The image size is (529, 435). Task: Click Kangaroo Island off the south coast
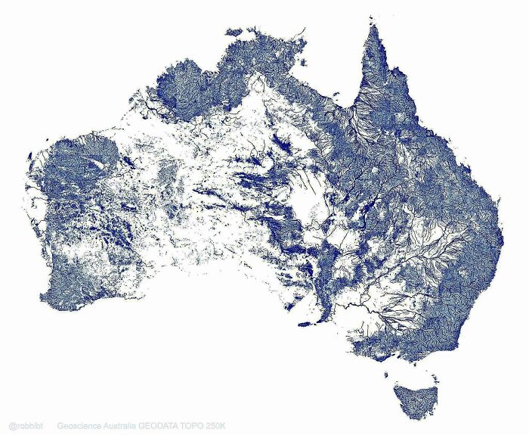click(x=305, y=324)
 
